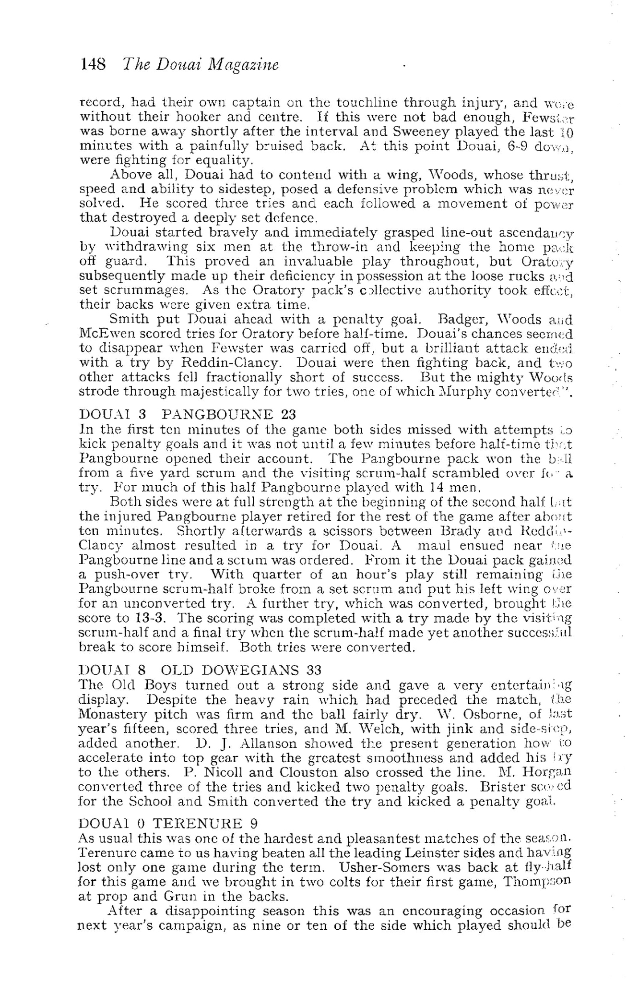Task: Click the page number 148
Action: tap(94, 64)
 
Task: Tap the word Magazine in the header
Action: tap(243, 65)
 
